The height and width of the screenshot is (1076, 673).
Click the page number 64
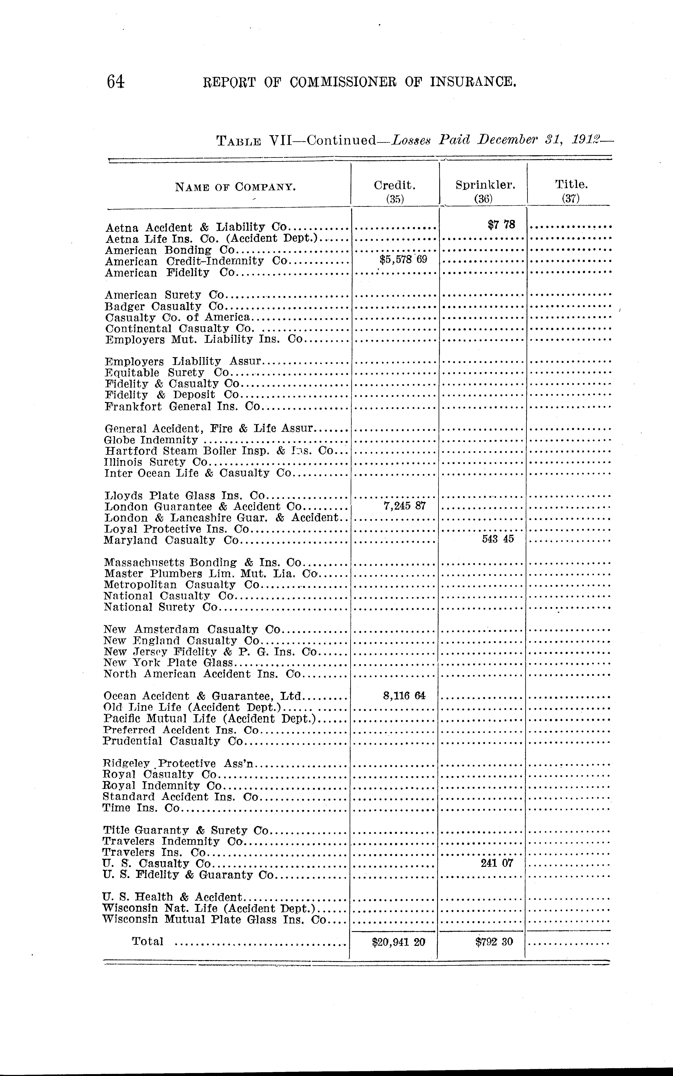coord(115,82)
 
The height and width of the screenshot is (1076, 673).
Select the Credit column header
coord(394,185)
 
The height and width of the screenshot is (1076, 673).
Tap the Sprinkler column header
coord(485,185)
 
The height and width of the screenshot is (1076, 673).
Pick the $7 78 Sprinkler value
coord(501,225)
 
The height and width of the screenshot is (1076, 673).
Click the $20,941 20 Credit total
coord(398,942)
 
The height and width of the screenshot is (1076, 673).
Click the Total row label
coord(147,941)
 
